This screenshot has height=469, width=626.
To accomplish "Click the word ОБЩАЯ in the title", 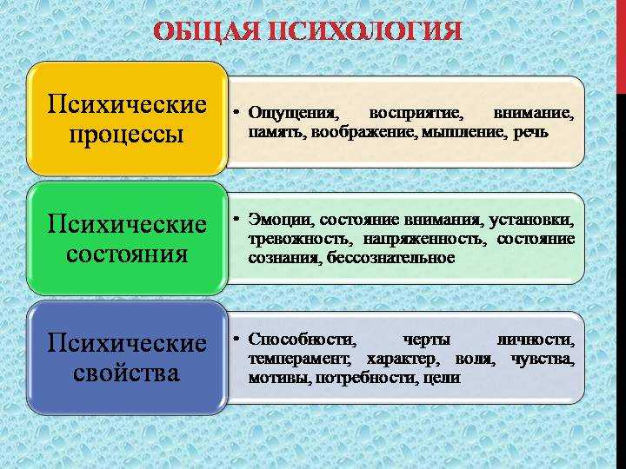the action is point(208,31).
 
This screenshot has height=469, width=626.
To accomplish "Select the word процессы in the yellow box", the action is point(127,135).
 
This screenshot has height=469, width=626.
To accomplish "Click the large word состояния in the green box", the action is point(127,254).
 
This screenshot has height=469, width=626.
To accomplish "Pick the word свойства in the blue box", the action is point(126,373).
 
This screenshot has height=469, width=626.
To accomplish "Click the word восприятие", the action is point(416,114).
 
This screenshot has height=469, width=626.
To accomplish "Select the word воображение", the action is point(364,132).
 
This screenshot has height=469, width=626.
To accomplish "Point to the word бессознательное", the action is point(391,258).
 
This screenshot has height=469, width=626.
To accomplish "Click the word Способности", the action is point(302,340).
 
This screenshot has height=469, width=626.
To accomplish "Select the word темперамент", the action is point(299,360).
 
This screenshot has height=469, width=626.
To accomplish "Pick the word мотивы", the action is point(279,378).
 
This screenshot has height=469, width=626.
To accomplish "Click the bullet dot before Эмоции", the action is point(236,219).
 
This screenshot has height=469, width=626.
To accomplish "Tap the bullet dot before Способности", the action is point(236,338).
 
